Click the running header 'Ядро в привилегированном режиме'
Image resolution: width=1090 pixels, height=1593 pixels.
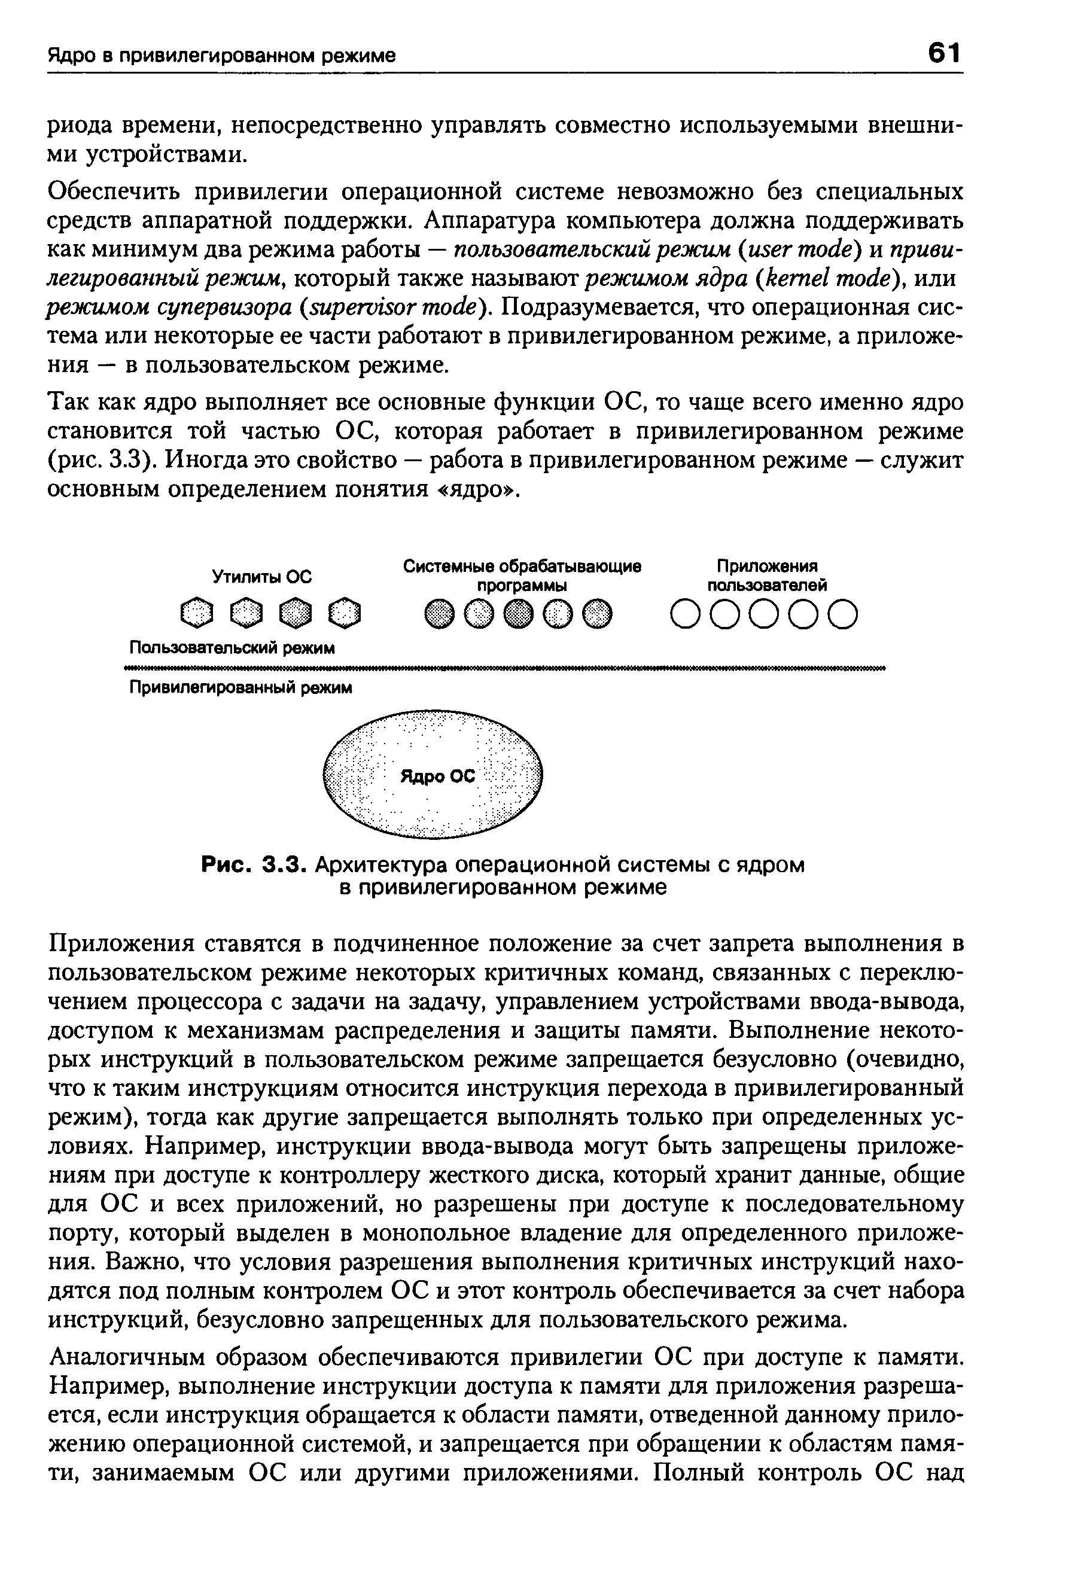(221, 56)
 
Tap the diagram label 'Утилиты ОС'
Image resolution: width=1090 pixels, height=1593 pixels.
(261, 577)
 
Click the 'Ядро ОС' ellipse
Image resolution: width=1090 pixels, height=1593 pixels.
(433, 775)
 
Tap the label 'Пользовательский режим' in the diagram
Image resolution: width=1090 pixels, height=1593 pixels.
(232, 648)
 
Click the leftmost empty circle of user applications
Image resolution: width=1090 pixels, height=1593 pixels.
(685, 614)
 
